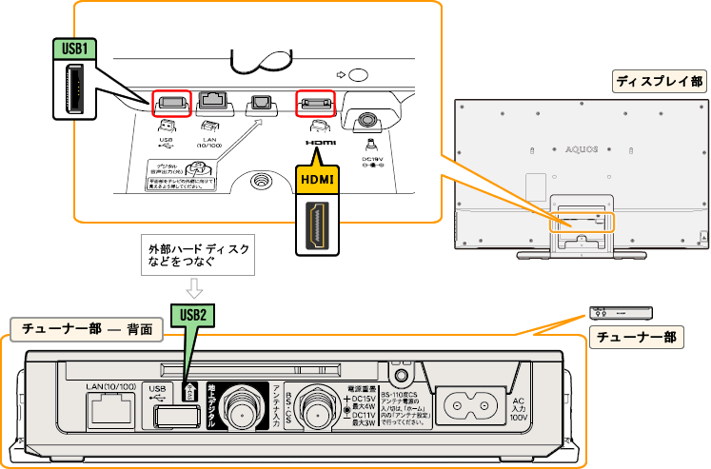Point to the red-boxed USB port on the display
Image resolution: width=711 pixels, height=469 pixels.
(171, 102)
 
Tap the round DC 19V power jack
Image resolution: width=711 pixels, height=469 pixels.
(366, 119)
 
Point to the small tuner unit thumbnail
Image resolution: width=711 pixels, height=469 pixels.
(621, 312)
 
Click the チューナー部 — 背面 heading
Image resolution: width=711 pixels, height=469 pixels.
(87, 329)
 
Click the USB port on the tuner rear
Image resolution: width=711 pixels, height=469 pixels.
(169, 414)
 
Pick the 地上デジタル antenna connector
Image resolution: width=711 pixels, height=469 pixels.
(245, 412)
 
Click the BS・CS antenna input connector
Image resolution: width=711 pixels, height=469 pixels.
(317, 412)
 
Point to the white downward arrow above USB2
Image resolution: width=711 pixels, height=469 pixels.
(194, 286)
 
